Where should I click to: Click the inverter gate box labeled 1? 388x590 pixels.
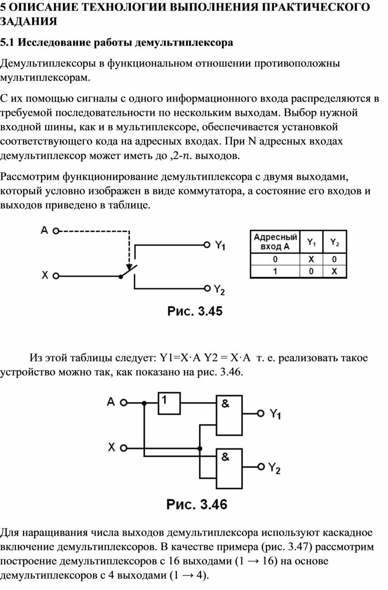[x=169, y=403]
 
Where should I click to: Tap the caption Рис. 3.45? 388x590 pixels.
[x=195, y=311]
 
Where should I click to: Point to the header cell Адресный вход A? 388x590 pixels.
[x=275, y=242]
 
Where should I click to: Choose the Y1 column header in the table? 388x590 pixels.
[x=311, y=242]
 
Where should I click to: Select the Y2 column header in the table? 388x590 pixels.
[x=335, y=242]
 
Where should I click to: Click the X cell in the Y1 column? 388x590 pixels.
[x=311, y=259]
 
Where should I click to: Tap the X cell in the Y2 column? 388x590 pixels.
[x=334, y=271]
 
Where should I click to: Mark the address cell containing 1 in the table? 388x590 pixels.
[x=275, y=271]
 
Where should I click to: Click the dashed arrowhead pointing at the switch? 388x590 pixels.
[x=129, y=266]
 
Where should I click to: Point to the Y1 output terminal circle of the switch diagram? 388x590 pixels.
[x=207, y=245]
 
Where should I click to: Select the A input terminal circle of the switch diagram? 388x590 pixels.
[x=56, y=231]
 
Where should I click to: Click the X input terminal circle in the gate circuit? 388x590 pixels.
[x=124, y=448]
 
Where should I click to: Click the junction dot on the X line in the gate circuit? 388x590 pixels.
[x=200, y=448]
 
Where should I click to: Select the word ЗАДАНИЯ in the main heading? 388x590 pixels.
[x=29, y=21]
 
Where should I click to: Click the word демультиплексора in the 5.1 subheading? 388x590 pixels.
[x=184, y=43]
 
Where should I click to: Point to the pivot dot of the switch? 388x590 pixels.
[x=121, y=276]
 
